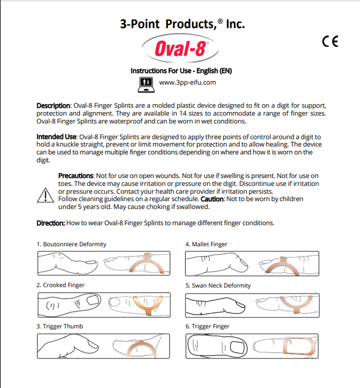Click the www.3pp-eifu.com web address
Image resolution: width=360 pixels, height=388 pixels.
(187, 82)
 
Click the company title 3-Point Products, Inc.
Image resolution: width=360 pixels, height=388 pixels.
(182, 24)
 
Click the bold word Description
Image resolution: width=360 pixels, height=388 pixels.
(53, 105)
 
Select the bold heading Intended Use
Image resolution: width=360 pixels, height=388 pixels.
(56, 137)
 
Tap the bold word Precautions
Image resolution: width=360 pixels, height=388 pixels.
(76, 176)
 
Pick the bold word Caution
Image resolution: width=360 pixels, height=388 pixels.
(212, 199)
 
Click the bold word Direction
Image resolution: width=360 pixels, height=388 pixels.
(50, 223)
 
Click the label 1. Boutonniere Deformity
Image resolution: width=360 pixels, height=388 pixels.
(71, 244)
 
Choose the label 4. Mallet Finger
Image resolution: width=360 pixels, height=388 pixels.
(206, 244)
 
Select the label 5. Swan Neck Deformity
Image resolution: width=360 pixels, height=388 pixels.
(218, 285)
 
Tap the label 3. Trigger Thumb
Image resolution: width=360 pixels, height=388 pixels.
(60, 326)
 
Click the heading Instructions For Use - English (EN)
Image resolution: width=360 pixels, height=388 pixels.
(181, 71)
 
